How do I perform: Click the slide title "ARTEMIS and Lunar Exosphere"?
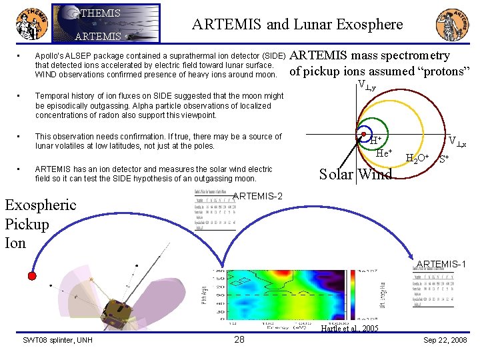(297, 25)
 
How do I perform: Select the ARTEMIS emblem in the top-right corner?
(451, 25)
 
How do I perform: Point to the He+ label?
(385, 153)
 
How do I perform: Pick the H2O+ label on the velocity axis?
(417, 158)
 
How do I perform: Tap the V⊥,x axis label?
(457, 141)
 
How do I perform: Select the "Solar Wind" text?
(355, 175)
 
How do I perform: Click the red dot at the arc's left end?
(31, 275)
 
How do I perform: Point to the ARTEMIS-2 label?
(259, 195)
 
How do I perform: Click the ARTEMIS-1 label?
(441, 264)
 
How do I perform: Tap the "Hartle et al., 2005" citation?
(349, 329)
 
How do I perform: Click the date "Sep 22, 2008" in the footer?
(445, 341)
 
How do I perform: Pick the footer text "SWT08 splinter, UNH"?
(58, 341)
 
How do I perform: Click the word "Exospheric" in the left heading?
(41, 205)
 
